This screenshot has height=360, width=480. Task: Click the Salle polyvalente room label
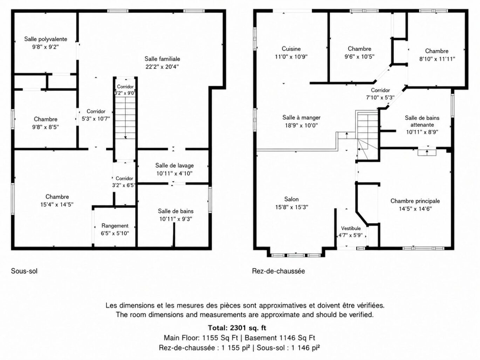tap(46, 39)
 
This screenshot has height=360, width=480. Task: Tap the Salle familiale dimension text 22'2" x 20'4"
tap(162, 67)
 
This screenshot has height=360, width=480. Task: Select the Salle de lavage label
tap(174, 165)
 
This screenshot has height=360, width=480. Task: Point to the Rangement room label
tap(115, 226)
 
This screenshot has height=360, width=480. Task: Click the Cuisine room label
tap(291, 49)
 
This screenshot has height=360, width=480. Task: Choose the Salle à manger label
tap(301, 118)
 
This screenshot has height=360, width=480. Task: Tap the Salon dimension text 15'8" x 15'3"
tap(292, 207)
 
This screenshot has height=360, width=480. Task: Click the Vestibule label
tap(351, 228)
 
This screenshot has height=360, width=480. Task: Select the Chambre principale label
tap(415, 201)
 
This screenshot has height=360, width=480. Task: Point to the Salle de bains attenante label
tap(422, 121)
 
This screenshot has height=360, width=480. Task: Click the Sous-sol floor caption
tap(24, 271)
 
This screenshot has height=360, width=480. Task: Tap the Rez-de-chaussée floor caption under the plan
tap(279, 271)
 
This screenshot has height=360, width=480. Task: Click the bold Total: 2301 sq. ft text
tap(237, 328)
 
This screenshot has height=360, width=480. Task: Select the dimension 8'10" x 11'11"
tap(437, 59)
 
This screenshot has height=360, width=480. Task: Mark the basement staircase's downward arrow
tap(125, 118)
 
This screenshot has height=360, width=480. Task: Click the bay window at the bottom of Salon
tap(296, 255)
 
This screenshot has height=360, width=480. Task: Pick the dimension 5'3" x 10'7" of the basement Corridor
tap(96, 119)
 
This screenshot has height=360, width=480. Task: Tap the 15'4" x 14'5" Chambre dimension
tap(57, 205)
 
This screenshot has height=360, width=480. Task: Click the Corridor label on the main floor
tap(380, 90)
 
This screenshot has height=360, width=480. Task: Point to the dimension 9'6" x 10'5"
tap(359, 57)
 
